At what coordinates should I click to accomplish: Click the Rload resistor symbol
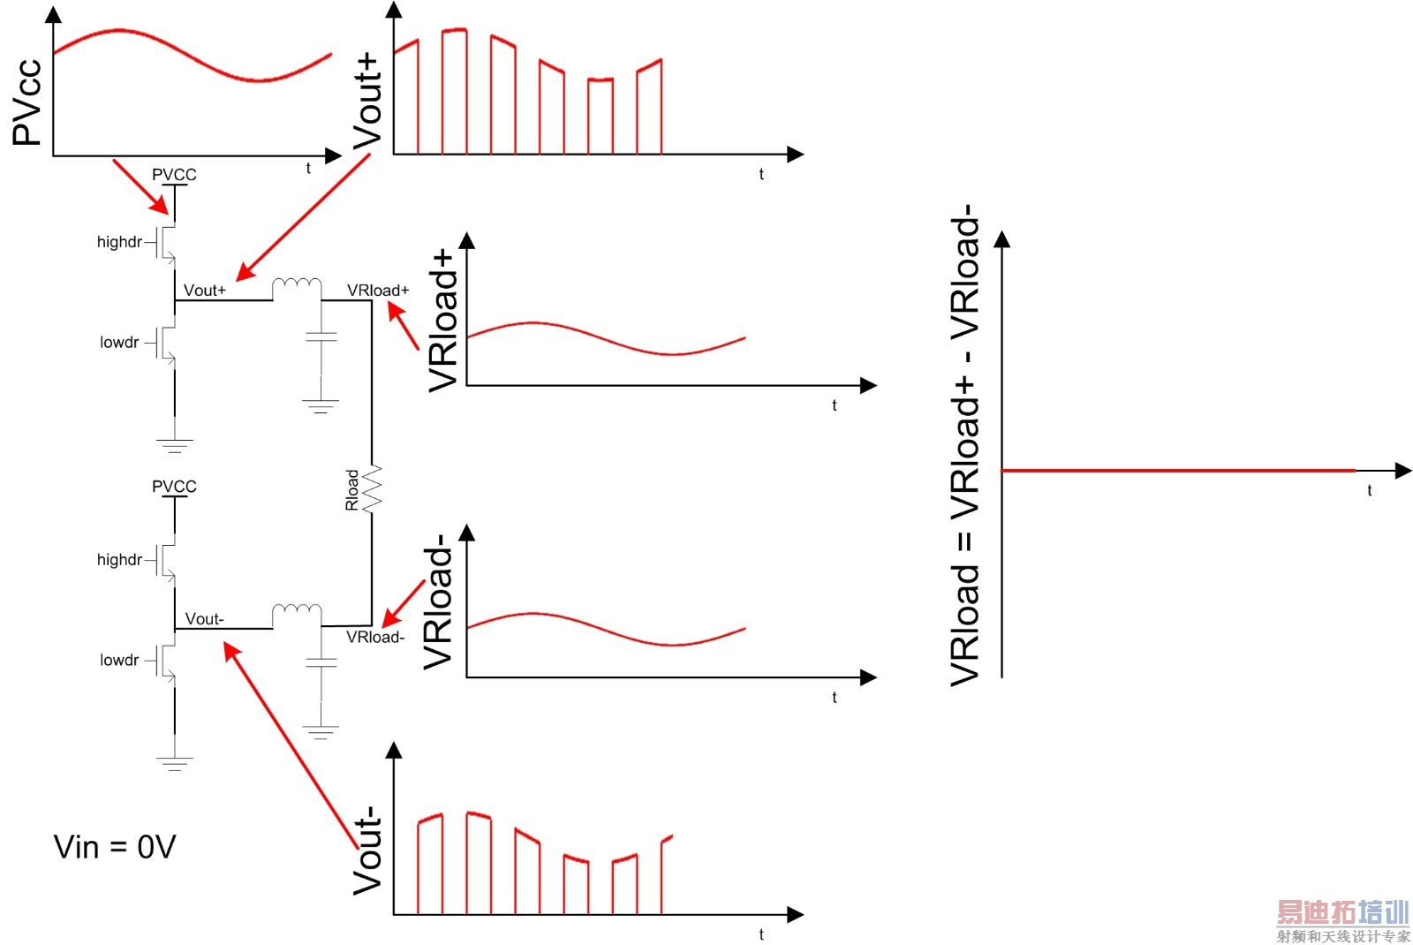(372, 488)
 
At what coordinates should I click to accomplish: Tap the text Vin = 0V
(115, 847)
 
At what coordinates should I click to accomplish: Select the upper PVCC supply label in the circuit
(174, 175)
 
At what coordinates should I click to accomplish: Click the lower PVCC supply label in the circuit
(174, 487)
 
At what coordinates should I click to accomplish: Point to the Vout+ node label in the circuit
(205, 290)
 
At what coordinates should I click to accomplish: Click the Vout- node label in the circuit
(205, 619)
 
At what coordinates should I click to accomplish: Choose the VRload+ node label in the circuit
(378, 290)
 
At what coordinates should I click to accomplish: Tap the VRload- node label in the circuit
(375, 637)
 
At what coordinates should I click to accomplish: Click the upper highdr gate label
(119, 242)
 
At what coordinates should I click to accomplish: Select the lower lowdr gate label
(119, 660)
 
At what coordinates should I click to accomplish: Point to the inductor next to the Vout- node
(297, 614)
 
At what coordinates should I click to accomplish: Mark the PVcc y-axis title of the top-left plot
(27, 102)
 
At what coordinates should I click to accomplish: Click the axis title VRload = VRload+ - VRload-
(965, 445)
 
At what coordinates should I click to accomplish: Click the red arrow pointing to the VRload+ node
(403, 326)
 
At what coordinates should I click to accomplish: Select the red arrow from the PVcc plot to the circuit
(140, 186)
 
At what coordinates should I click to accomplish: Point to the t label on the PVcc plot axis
(308, 168)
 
